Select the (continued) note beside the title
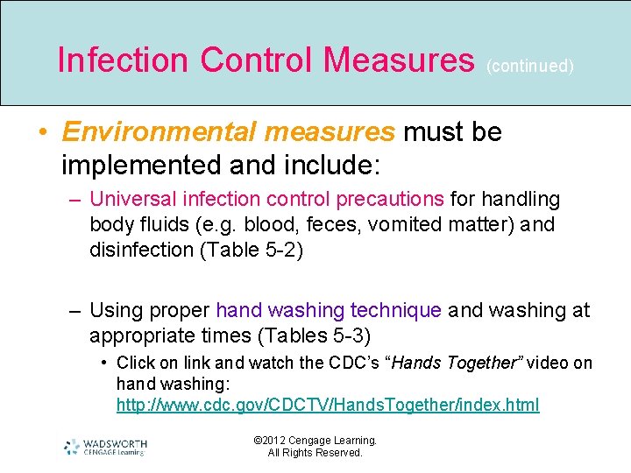(530, 66)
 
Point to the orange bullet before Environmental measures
(42, 133)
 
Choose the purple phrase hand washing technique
(329, 310)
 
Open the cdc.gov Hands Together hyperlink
(328, 405)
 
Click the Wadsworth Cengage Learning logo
(105, 447)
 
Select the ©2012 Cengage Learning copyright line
(315, 441)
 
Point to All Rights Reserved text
(315, 453)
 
